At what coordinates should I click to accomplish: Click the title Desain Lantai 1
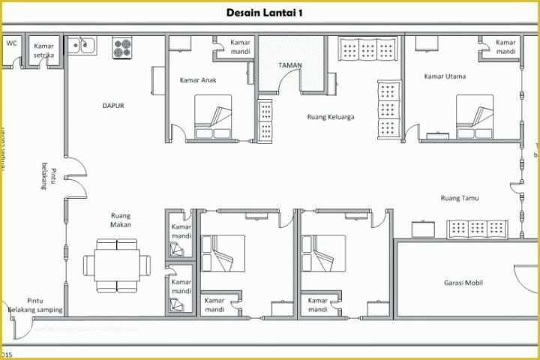point(269,12)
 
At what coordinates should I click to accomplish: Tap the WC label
point(11,43)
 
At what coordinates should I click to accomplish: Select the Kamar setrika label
point(44,50)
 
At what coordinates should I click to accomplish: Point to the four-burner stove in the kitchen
point(122,48)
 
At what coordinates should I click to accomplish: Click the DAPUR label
point(113,106)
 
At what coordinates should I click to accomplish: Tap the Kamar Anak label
point(198,80)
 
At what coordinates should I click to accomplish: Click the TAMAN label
point(290,65)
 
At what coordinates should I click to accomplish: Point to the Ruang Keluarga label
point(331,117)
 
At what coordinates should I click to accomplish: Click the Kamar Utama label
point(445,76)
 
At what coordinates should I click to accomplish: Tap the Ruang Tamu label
point(459,198)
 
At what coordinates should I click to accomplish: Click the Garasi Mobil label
point(461,283)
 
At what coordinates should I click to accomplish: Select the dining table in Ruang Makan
point(117,265)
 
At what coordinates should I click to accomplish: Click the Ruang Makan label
point(121,219)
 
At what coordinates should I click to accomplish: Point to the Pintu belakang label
point(48,175)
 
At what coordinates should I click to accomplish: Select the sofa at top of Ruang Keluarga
point(367,49)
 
